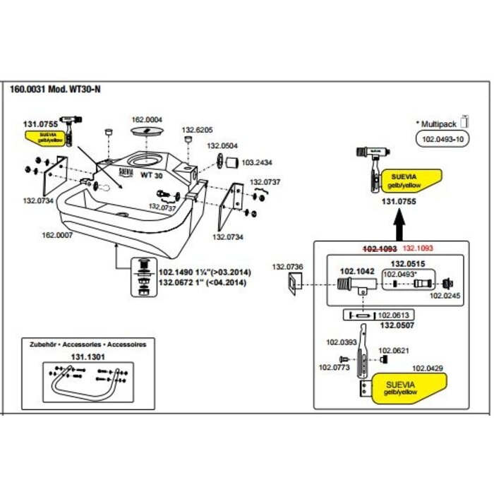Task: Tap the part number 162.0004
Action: [147, 119]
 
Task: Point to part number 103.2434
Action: [257, 162]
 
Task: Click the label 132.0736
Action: [287, 266]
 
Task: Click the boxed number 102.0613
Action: [394, 315]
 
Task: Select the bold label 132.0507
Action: [396, 327]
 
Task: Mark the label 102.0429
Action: [428, 368]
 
